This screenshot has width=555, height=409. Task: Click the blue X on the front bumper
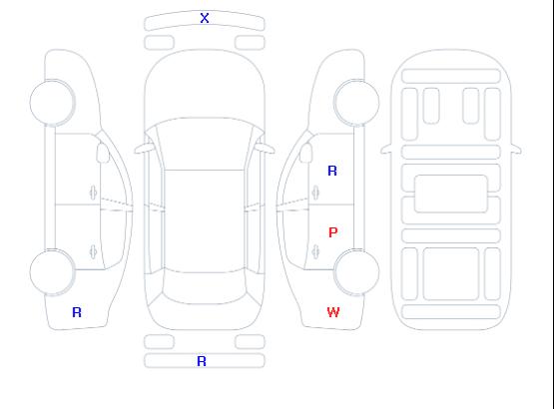point(205,18)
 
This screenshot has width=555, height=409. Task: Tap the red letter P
point(332,232)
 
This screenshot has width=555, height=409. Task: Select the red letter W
point(333,312)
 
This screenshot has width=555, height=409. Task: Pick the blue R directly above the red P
point(332,171)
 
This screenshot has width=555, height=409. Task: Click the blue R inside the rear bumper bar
point(202,361)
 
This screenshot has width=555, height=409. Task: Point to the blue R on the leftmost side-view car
point(77,312)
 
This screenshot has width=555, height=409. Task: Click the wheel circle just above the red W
point(356,272)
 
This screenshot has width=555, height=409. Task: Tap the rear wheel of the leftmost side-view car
point(52,272)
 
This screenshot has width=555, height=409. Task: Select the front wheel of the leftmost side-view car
point(52,103)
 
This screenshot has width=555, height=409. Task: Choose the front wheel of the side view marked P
point(356,103)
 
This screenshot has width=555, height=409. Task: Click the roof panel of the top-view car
point(205,221)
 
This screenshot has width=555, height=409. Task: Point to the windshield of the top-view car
point(205,144)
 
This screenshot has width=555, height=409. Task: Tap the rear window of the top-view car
point(205,287)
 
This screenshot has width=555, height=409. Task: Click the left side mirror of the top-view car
point(143,149)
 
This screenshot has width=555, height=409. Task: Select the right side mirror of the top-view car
point(266,149)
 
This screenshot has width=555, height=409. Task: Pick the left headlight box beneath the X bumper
point(160,43)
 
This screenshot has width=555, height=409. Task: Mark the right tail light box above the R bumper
point(250,342)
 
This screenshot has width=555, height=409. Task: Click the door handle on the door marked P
point(315,251)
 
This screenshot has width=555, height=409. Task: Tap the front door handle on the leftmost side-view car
point(93,193)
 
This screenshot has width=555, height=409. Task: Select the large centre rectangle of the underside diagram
point(451,194)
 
